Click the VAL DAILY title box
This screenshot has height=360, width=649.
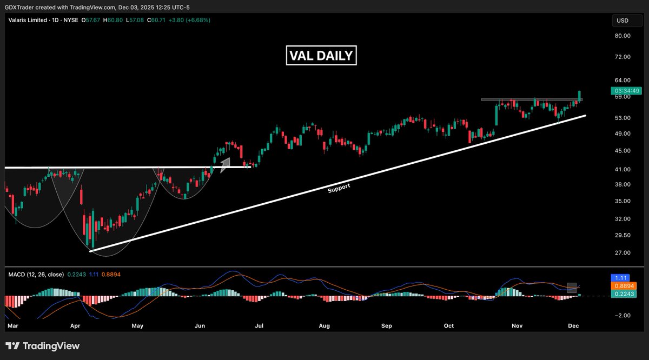[x=321, y=55]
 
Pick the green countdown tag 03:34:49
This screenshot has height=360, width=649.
[x=627, y=90]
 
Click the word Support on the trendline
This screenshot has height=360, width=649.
[x=339, y=186]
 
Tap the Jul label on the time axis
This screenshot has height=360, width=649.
[x=259, y=326]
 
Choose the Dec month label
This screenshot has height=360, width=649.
[x=573, y=326]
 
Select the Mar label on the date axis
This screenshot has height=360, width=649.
[x=13, y=326]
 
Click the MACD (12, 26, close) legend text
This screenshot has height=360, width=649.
[x=35, y=275]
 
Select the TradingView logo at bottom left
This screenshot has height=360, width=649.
[x=42, y=346]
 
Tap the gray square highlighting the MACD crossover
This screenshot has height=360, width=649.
[x=572, y=288]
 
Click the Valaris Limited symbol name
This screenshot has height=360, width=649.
[x=27, y=20]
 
